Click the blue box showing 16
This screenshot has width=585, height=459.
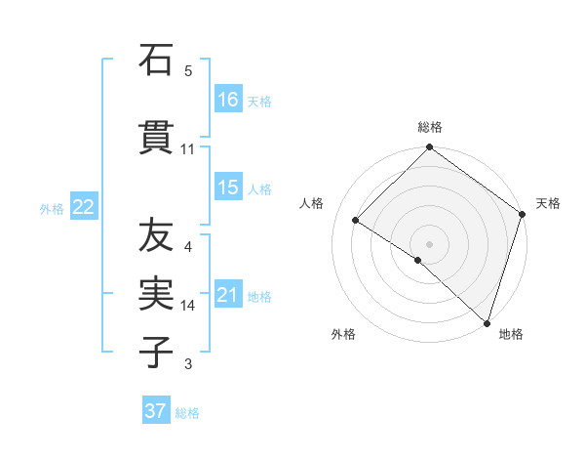click(x=228, y=100)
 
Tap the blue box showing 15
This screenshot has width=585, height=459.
click(x=228, y=188)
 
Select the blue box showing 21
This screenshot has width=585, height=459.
click(x=228, y=295)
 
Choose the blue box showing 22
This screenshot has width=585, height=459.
click(x=84, y=207)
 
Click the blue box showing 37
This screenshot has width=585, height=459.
click(x=156, y=411)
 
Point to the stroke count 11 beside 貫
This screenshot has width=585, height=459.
click(x=187, y=149)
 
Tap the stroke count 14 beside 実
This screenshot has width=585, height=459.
click(x=187, y=306)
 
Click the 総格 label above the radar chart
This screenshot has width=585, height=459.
click(x=430, y=127)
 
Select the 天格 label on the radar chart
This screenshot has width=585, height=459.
click(x=548, y=203)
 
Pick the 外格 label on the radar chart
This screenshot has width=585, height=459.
click(x=343, y=334)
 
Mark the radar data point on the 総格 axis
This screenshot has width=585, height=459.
click(x=429, y=148)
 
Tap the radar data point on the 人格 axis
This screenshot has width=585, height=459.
click(x=356, y=221)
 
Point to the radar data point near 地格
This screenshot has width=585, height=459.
click(x=487, y=321)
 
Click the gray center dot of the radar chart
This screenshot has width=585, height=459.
click(x=429, y=243)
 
